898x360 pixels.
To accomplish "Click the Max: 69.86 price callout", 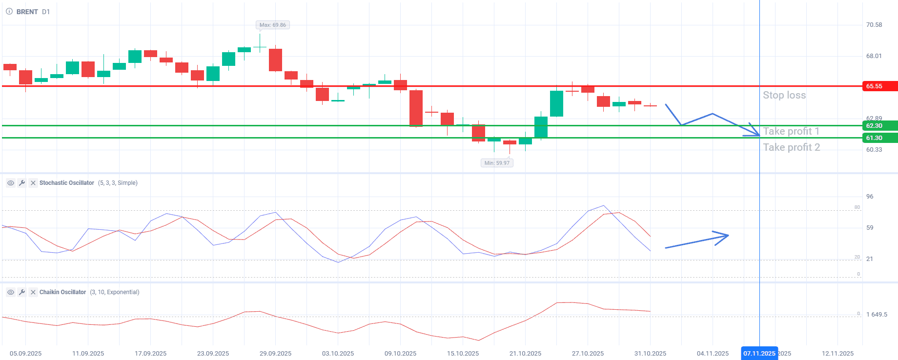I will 273,25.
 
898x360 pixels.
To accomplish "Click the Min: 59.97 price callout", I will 497,163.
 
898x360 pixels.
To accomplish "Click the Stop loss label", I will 784,95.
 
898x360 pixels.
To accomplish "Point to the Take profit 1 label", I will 791,131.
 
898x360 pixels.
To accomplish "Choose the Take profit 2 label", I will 792,147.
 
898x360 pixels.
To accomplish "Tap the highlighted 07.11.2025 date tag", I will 759,353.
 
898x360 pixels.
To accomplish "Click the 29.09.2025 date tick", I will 275,354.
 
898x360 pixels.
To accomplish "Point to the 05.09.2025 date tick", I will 25,354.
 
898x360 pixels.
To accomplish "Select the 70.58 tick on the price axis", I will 874,25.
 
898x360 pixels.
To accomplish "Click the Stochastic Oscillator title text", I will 67,183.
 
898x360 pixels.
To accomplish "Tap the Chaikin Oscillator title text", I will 62,292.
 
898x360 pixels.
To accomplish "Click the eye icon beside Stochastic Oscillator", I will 10,183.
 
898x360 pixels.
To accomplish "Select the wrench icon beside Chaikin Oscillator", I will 21,292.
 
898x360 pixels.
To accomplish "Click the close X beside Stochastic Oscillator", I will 33,183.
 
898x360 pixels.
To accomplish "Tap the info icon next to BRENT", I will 9,12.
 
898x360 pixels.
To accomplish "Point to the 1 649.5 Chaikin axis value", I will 877,315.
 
